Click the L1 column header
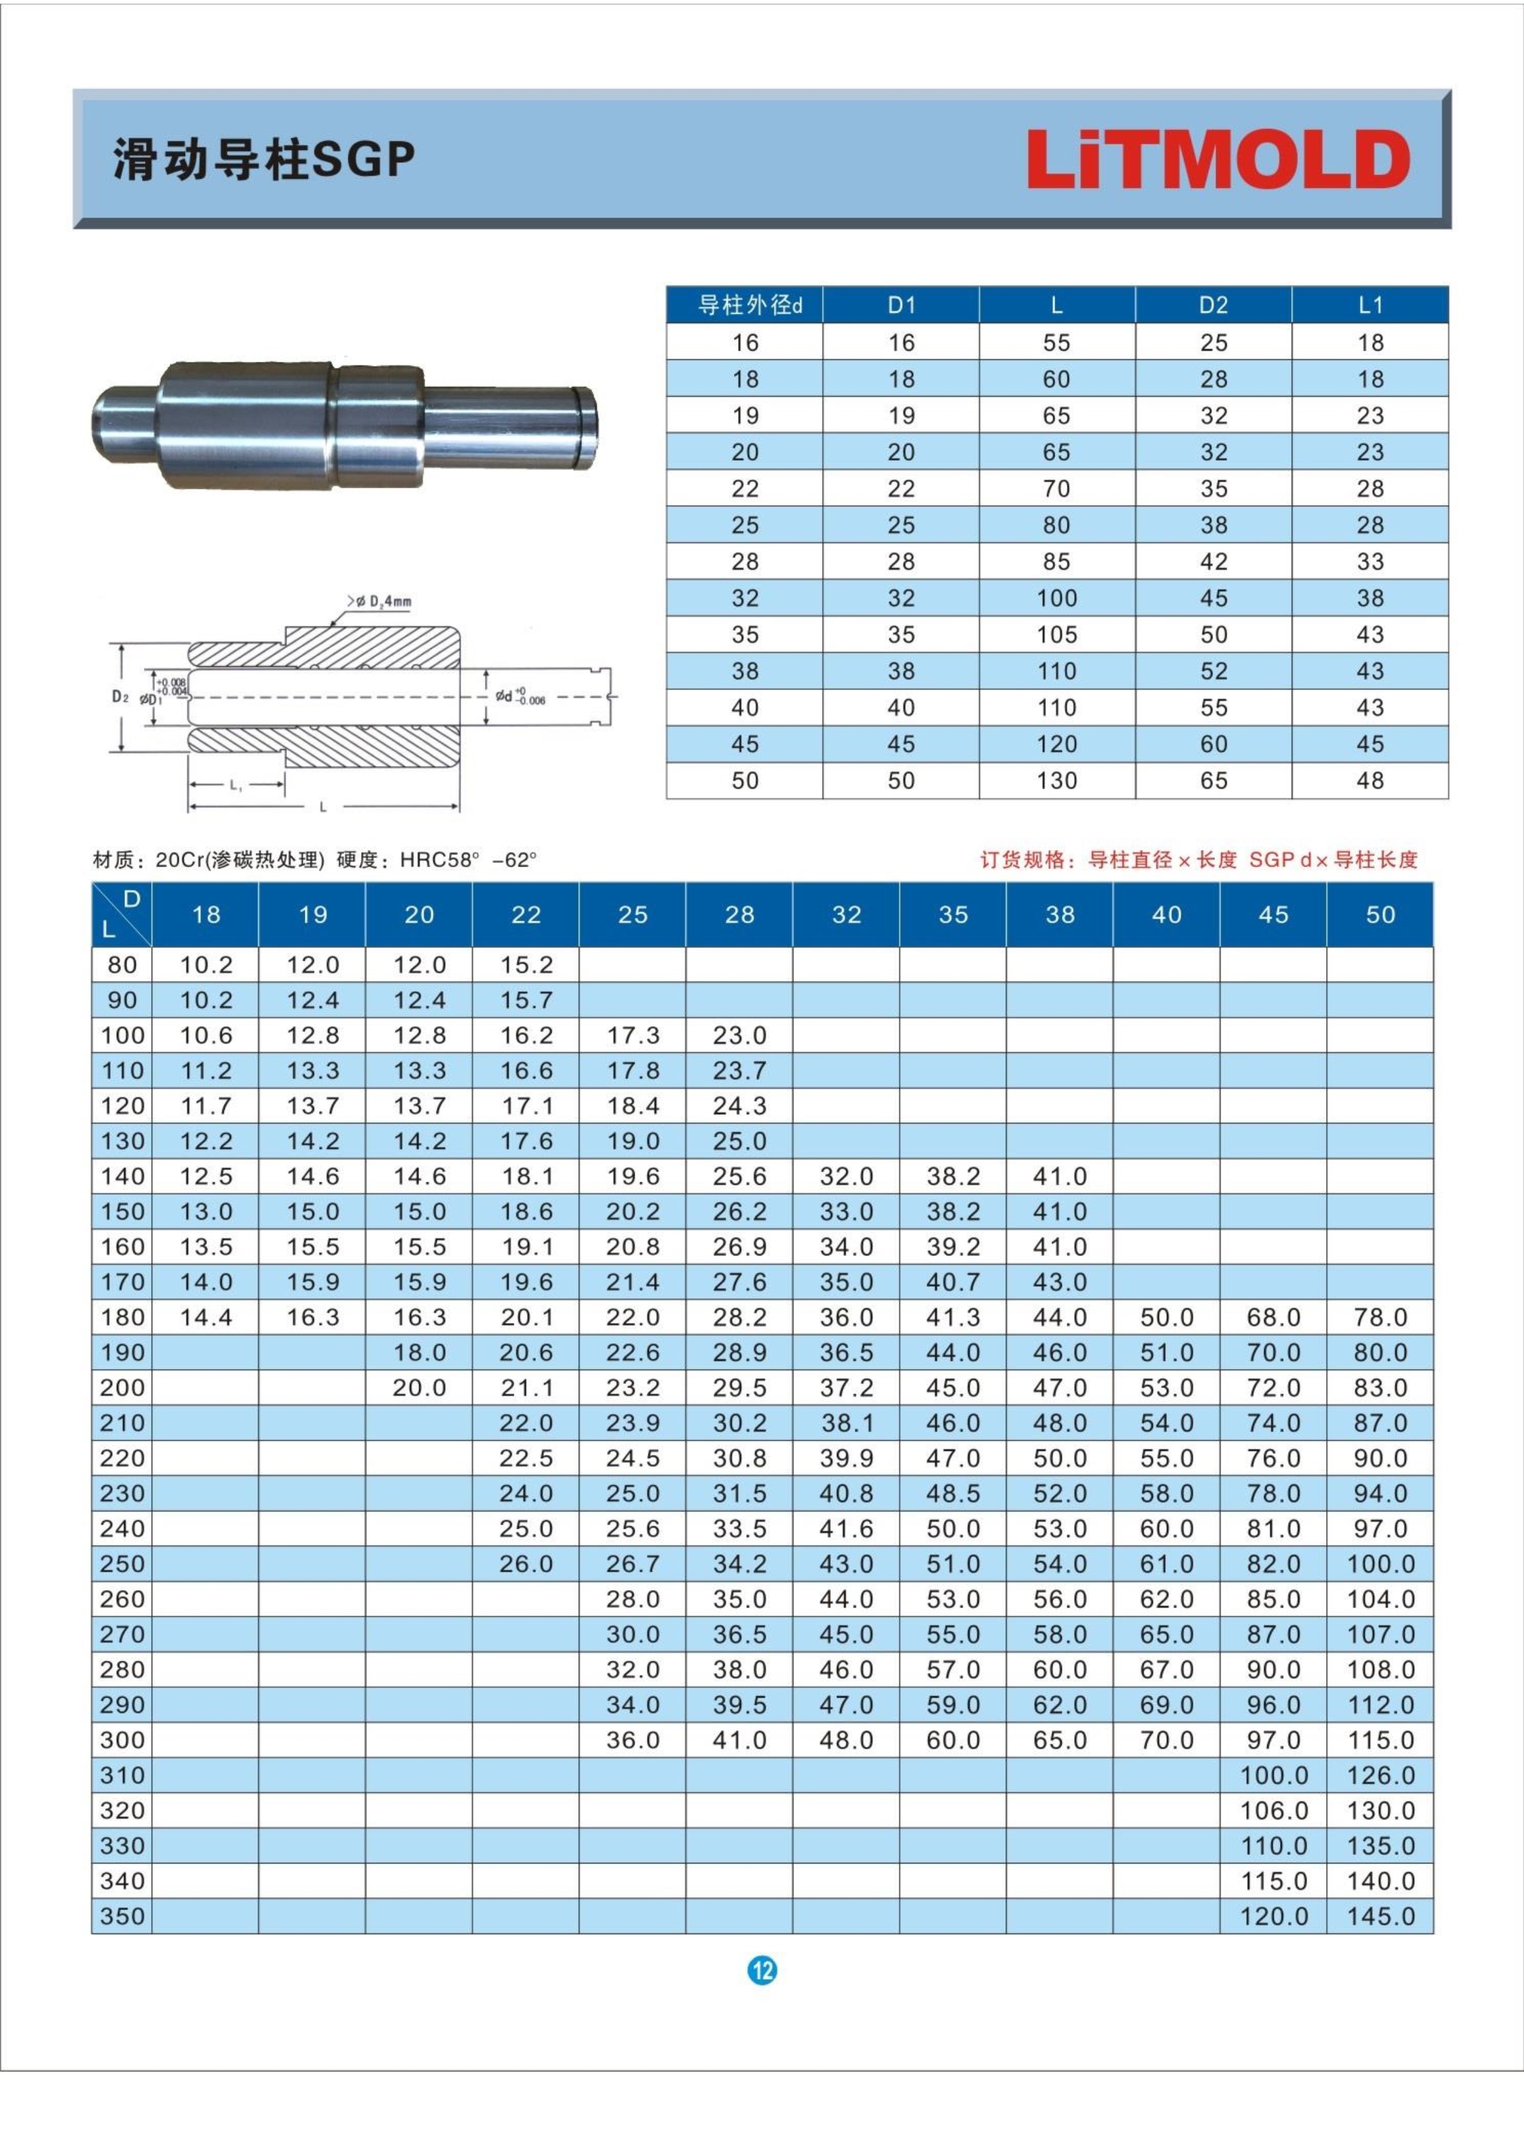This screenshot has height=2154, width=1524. coord(1370,305)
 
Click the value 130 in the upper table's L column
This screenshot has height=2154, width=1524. coord(1057,781)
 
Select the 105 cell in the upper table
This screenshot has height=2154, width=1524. coord(1057,635)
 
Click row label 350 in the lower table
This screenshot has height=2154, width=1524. coord(122,1917)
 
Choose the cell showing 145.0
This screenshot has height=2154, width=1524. coord(1380,1917)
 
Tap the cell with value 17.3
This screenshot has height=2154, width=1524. coord(632,1036)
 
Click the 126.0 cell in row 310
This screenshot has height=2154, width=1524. coord(1380,1776)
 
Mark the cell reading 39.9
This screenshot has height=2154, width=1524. coord(846,1459)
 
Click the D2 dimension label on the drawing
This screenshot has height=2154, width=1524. coord(119,697)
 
